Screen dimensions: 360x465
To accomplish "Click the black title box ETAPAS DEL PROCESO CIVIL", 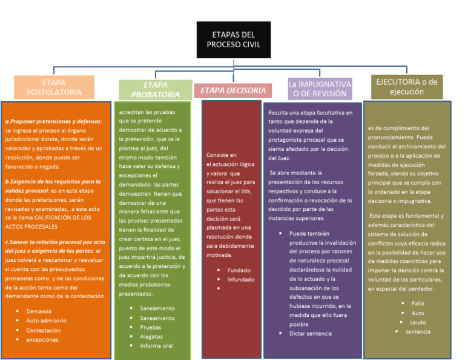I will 233,39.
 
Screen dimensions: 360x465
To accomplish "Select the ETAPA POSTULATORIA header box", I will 54,87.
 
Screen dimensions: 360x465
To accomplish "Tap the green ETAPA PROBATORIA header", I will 156,90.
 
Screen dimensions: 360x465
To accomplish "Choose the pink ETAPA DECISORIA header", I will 233,91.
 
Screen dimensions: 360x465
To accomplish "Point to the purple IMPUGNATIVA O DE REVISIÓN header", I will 320,88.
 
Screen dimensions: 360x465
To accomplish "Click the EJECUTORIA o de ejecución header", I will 406,87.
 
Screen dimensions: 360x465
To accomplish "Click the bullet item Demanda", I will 39,311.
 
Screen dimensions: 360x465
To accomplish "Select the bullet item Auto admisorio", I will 46,321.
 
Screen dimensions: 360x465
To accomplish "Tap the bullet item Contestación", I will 43,330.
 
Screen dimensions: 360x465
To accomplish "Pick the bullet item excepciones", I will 42,340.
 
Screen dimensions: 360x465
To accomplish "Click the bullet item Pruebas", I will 150,327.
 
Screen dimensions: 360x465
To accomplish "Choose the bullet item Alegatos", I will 152,336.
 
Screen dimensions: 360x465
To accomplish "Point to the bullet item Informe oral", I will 156,346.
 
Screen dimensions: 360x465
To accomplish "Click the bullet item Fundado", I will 239,270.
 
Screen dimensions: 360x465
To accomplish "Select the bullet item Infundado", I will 242,279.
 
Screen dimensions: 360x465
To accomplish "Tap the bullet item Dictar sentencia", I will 310,333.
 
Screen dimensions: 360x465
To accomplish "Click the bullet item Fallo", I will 418,303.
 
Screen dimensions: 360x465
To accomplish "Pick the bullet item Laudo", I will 418,322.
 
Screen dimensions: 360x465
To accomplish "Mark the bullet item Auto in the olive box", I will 418,313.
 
